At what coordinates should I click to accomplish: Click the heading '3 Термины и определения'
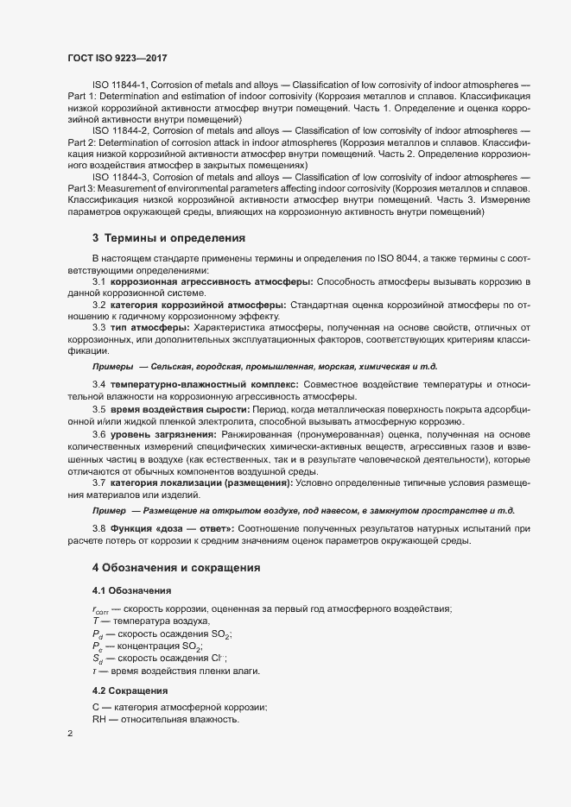[168, 236]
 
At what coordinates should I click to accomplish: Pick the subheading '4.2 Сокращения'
[130, 691]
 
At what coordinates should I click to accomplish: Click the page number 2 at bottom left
[70, 734]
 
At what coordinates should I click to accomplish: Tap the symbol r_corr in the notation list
[98, 610]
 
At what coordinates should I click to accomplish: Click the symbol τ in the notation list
[95, 671]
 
